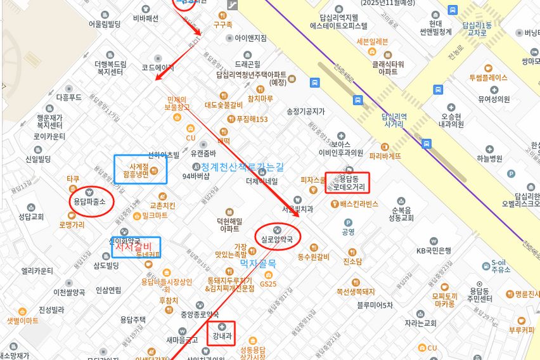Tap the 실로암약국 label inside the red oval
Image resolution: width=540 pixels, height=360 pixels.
pyautogui.click(x=277, y=239)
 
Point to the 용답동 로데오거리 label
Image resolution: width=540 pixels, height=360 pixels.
pyautogui.click(x=347, y=183)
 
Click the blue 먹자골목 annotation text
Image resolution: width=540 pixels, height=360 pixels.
pyautogui.click(x=258, y=262)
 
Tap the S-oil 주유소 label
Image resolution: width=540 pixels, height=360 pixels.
pyautogui.click(x=500, y=266)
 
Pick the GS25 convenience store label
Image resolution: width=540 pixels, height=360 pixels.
pyautogui.click(x=268, y=283)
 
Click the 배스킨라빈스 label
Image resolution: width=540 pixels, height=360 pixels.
pyautogui.click(x=359, y=203)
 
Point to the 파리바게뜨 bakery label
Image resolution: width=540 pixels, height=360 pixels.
pyautogui.click(x=385, y=155)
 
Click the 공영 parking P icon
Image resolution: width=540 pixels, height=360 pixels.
pyautogui.click(x=348, y=222)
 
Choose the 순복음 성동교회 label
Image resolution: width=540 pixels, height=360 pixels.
pyautogui.click(x=402, y=214)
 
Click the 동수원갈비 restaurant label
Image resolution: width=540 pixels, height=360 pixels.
pyautogui.click(x=313, y=257)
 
